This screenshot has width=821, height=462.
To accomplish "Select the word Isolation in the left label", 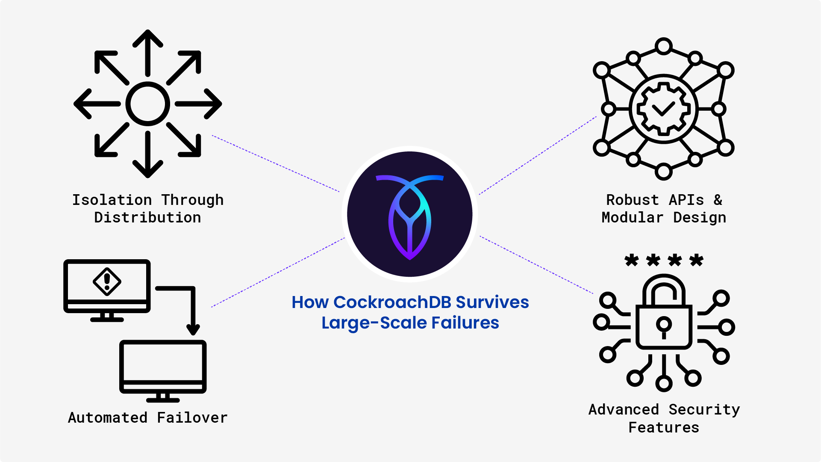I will (x=112, y=200).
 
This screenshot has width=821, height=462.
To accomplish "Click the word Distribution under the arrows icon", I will (x=147, y=218).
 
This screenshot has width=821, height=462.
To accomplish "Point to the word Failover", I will (x=192, y=418).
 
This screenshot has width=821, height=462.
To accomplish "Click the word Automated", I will (x=108, y=418).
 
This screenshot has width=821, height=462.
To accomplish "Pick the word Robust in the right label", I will (x=632, y=200).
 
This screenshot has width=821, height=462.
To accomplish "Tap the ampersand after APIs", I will (x=718, y=200).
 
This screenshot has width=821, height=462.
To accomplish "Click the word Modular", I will (x=632, y=218).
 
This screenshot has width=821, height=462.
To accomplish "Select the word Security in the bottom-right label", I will (x=704, y=410).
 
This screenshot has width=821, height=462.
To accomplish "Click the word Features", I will (x=664, y=428).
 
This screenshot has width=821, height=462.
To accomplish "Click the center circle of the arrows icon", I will (x=147, y=104).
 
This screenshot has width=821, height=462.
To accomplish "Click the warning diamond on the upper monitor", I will (x=107, y=281).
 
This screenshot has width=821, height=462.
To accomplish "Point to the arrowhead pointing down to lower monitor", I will (x=193, y=330).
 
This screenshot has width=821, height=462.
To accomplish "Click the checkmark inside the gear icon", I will (x=663, y=109).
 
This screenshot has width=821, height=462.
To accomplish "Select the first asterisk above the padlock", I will (x=631, y=260).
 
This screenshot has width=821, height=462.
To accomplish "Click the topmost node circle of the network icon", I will (x=664, y=46).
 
